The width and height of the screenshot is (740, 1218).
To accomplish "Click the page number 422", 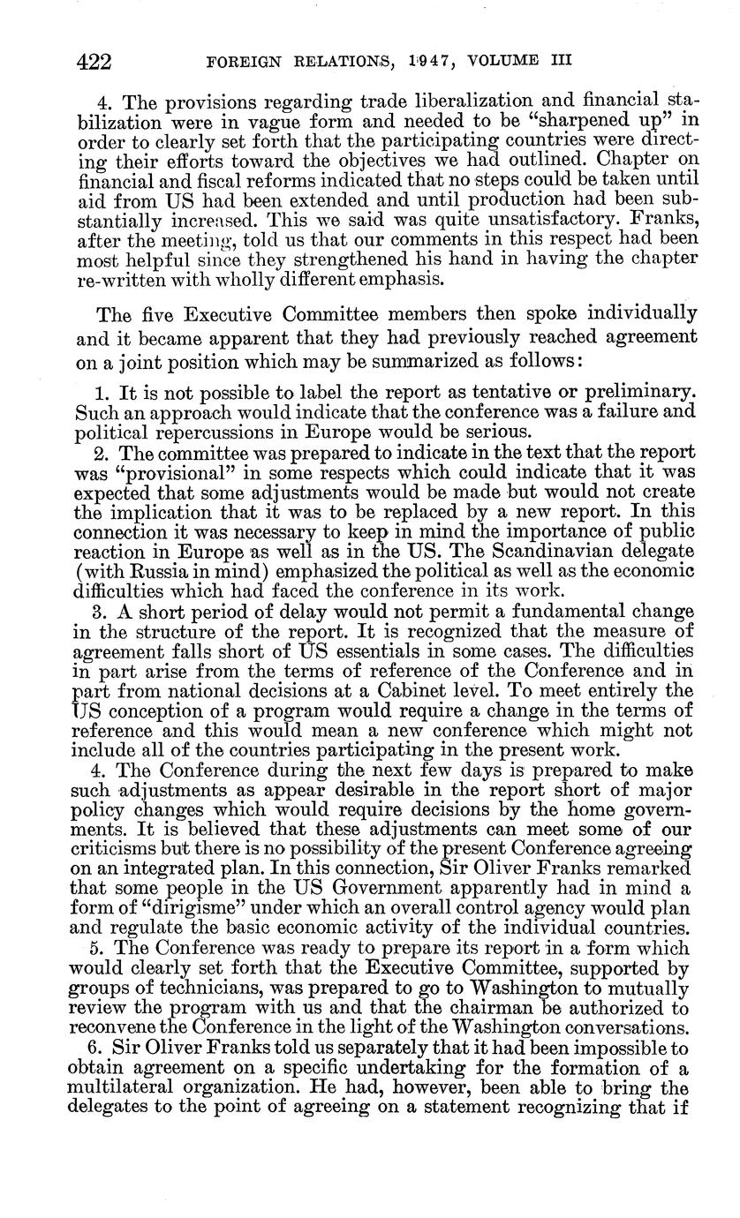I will point(93,61).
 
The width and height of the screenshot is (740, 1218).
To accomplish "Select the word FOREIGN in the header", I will point(239,62).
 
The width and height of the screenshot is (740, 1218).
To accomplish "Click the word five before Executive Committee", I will point(147,314).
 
